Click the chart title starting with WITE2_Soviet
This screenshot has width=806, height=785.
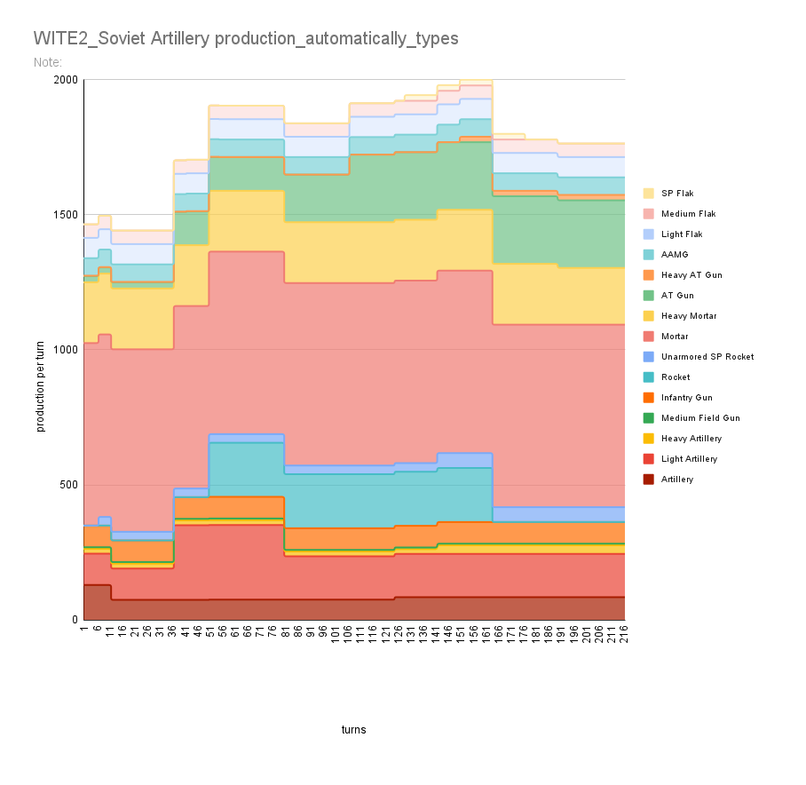[246, 39]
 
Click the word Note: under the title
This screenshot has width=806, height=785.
[47, 63]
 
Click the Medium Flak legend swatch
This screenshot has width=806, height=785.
[650, 214]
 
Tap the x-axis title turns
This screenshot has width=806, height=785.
[353, 730]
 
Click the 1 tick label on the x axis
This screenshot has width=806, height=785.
[83, 629]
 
